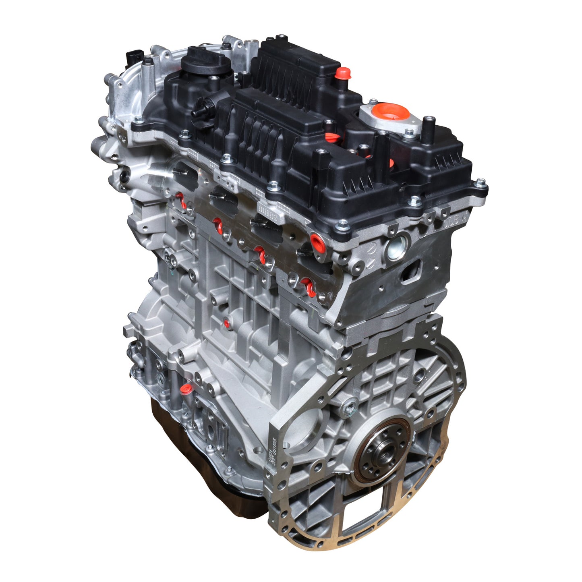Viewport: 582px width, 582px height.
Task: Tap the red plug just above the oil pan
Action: coord(186,389)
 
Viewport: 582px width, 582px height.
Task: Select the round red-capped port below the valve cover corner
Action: coord(316,241)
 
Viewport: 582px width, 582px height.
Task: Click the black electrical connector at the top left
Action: coord(133,59)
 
